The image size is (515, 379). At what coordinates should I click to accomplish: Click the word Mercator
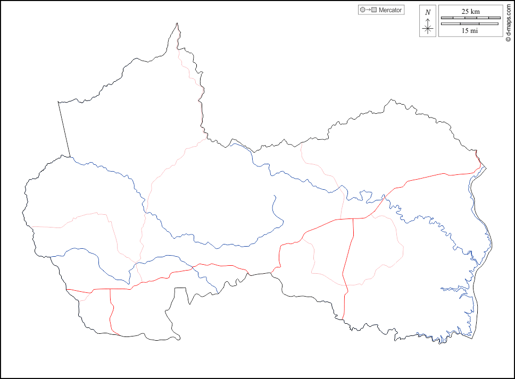coord(391,10)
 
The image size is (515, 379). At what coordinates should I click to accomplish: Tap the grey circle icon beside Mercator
coord(362,10)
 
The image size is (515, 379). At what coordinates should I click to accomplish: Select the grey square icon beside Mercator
coord(374,10)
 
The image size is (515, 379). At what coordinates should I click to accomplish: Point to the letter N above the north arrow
coord(428,12)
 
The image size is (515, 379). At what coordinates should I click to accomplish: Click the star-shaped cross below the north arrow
coord(428,28)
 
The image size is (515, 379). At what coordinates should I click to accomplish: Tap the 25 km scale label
coord(470,11)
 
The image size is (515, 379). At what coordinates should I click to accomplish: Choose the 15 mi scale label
coord(470,31)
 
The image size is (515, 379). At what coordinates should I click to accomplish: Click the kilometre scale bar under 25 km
coord(470,18)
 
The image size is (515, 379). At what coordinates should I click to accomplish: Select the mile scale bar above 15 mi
coord(470,24)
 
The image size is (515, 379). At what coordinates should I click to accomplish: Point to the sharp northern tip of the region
coord(177,23)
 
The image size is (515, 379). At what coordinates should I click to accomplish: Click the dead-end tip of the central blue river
coord(275,196)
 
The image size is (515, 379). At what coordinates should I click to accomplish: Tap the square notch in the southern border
coord(181,289)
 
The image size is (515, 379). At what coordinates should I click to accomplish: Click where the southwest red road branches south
coord(110,289)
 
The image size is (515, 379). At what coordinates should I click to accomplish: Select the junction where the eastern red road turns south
coord(354,218)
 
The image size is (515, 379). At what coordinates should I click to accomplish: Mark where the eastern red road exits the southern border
coord(343,319)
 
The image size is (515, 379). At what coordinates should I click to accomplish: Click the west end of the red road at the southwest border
coord(67,290)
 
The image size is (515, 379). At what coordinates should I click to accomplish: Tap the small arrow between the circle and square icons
coord(368,10)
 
